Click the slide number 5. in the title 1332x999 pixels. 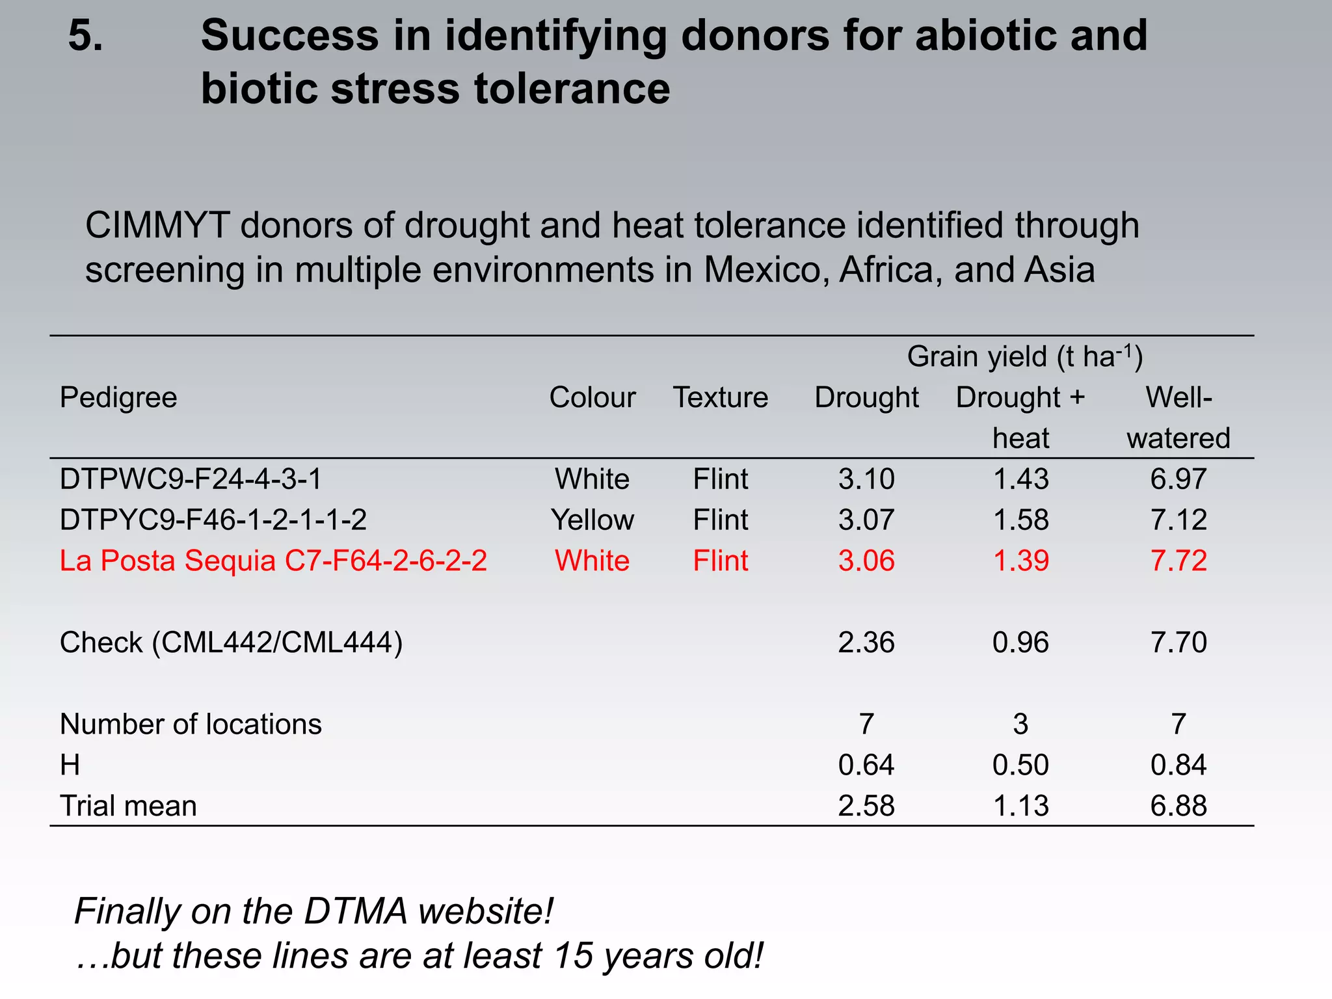[x=85, y=35]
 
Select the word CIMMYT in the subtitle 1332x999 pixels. [x=157, y=226]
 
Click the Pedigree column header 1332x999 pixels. [x=118, y=397]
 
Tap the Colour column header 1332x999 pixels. [x=592, y=397]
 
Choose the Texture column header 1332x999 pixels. [x=720, y=397]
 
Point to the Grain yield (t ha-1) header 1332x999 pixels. [x=1024, y=356]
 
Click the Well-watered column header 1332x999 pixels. [x=1179, y=417]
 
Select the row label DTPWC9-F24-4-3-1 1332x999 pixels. [x=191, y=479]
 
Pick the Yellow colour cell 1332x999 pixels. [x=592, y=520]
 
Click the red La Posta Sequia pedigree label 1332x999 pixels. [x=273, y=561]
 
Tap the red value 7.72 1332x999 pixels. [x=1179, y=561]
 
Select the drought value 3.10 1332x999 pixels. [x=866, y=479]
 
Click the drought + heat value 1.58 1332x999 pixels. [x=1020, y=520]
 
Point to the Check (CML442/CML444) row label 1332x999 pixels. [x=231, y=643]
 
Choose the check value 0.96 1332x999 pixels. [x=1020, y=643]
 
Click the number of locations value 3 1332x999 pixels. [x=1020, y=724]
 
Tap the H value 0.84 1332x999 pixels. [x=1179, y=765]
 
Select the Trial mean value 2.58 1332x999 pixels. [x=866, y=806]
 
